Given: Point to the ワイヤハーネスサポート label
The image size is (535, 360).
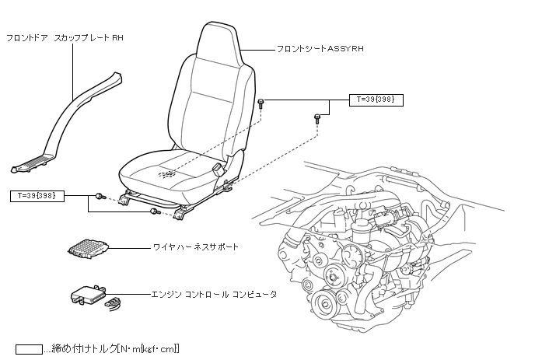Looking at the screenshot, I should click(195, 246).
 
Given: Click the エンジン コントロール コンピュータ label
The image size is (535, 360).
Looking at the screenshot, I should click(213, 295).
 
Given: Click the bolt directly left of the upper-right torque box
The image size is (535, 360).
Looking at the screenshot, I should click(262, 103).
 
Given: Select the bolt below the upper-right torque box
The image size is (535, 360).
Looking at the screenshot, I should click(317, 119).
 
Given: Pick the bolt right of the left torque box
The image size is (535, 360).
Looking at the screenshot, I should click(100, 196).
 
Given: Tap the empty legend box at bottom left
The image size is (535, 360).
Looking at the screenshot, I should click(33, 348).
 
